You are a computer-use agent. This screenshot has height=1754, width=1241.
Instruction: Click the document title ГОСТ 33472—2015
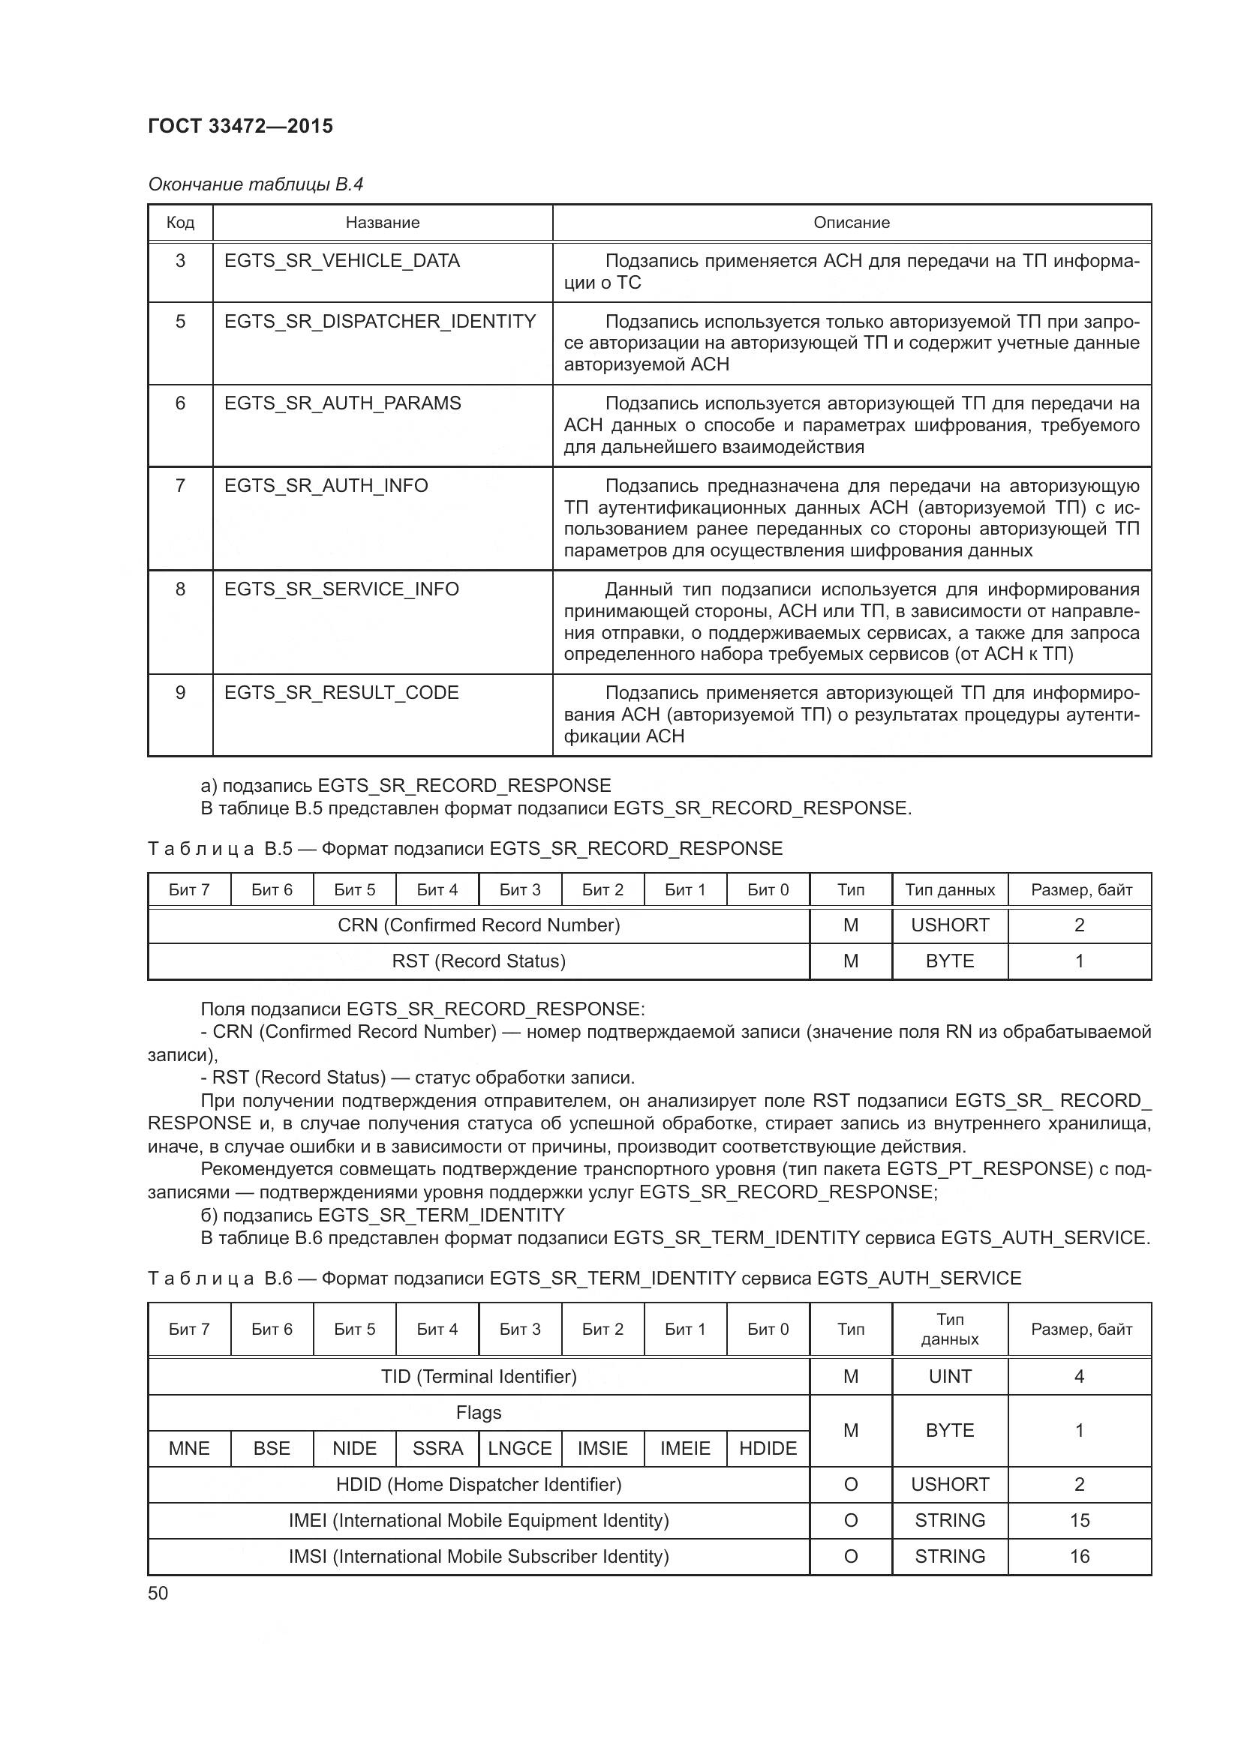[x=241, y=126]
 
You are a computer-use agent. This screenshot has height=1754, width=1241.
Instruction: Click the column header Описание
[x=852, y=222]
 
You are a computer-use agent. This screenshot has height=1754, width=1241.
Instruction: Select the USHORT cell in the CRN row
[x=950, y=925]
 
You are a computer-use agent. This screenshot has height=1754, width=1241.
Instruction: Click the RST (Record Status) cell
[x=479, y=961]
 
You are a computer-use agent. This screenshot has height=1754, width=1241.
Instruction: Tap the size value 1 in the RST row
[x=1079, y=961]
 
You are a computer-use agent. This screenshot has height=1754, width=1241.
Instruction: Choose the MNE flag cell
[x=189, y=1449]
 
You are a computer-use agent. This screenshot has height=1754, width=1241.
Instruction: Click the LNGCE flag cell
[x=520, y=1449]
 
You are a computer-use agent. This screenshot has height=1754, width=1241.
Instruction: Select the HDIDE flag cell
[x=768, y=1449]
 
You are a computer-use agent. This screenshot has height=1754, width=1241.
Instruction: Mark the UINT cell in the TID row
[x=950, y=1377]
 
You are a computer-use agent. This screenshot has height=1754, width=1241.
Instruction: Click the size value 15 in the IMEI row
[x=1079, y=1520]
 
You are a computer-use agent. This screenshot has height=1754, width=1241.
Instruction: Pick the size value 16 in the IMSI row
[x=1079, y=1556]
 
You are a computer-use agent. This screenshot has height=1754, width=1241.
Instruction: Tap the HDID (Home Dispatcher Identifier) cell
[x=479, y=1484]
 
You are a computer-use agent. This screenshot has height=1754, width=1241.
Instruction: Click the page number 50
[x=158, y=1594]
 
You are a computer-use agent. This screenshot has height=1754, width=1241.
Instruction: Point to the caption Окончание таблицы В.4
[x=255, y=184]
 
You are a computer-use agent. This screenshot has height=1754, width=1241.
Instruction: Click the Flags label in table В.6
[x=479, y=1413]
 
